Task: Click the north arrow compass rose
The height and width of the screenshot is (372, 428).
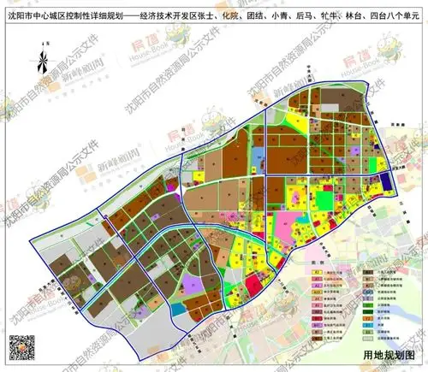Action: tap(39, 62)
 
